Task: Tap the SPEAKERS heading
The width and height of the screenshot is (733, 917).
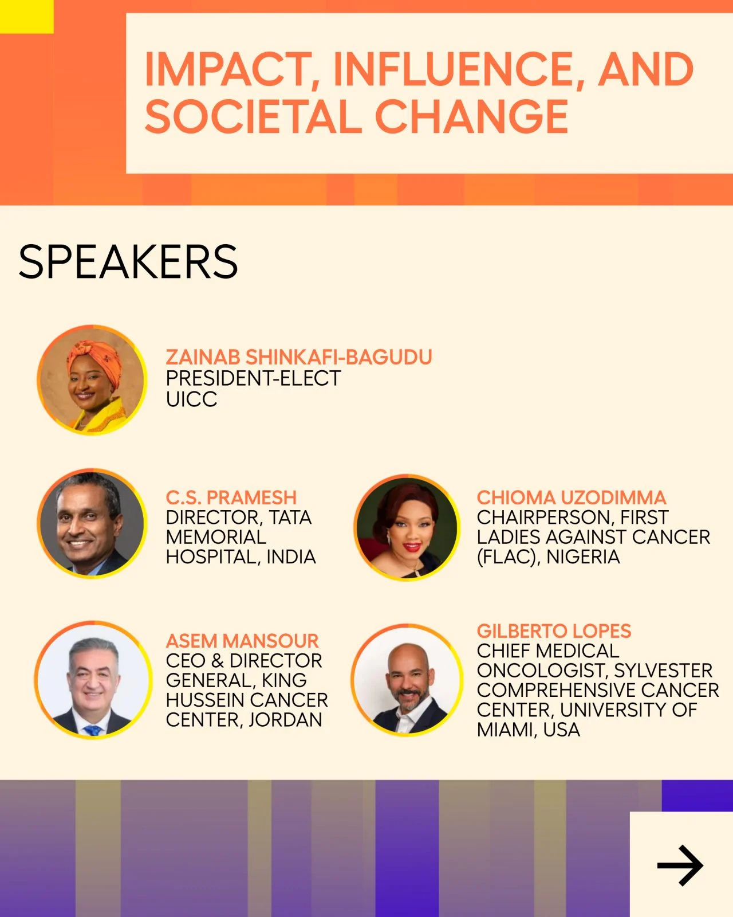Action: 128,262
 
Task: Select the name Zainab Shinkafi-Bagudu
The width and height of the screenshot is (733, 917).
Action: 299,357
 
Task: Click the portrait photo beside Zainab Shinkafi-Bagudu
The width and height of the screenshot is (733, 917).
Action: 92,380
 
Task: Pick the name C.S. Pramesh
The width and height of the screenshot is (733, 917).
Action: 231,497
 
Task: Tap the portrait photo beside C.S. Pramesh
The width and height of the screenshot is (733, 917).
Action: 92,523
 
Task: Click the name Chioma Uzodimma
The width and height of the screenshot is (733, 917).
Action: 572,497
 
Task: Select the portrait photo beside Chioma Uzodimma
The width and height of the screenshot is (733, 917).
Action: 407,527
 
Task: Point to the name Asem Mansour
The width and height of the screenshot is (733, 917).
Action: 242,641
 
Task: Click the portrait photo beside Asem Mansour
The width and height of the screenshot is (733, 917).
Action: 93,680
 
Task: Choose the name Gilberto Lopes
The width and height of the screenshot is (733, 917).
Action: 554,631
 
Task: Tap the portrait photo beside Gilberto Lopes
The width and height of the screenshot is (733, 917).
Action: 407,680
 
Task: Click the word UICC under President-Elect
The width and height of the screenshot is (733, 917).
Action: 192,399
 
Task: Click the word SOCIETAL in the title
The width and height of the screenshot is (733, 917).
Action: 254,116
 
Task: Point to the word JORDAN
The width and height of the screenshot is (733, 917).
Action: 285,720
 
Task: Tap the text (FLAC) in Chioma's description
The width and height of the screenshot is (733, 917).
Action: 509,557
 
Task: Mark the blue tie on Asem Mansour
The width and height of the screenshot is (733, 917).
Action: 93,730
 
